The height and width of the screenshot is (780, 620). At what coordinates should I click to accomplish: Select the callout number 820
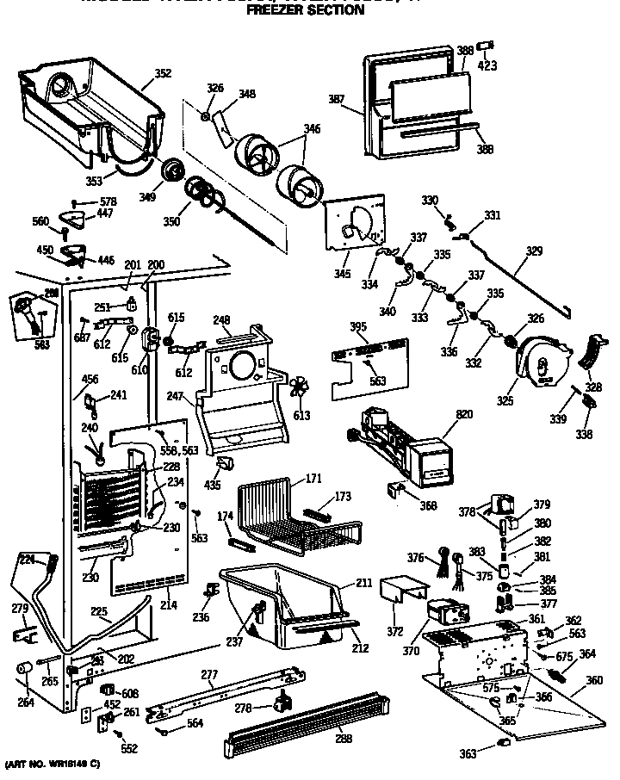point(463,414)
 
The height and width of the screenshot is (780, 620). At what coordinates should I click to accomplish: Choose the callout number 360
point(593,679)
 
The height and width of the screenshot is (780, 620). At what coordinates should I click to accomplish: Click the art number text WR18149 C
point(53,765)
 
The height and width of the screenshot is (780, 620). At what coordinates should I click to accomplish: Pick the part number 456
point(90,378)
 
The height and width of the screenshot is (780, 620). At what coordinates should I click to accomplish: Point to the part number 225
point(100,613)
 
